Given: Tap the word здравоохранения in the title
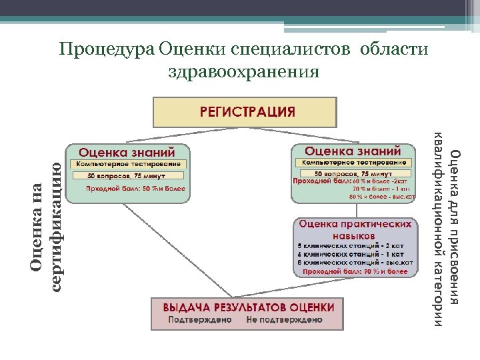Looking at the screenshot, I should tap(243, 70).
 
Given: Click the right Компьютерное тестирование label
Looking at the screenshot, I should tap(353, 163).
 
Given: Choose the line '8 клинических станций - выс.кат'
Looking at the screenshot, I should tap(355, 262).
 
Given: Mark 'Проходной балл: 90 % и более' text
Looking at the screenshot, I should tap(355, 272).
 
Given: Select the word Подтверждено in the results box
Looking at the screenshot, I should tap(200, 319).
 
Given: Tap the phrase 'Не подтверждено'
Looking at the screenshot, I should tap(283, 319).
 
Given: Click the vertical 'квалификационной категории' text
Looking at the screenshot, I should tap(438, 230).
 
